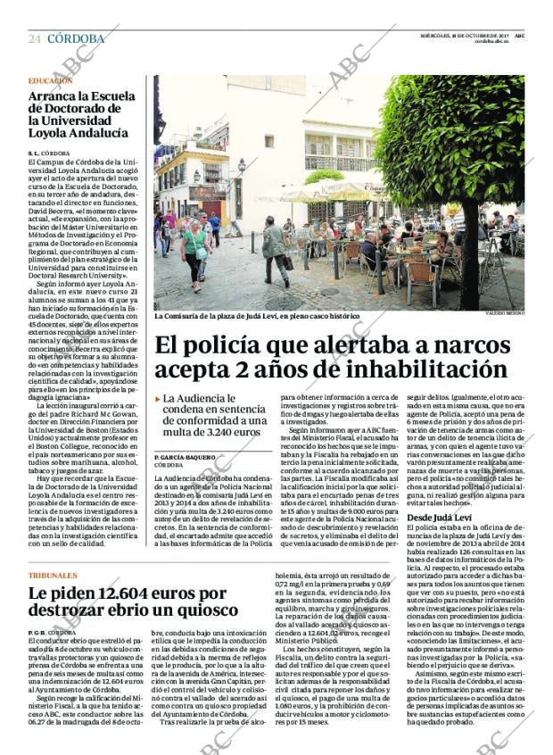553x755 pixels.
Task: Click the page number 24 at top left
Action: point(34,39)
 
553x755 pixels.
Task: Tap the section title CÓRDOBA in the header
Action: point(75,39)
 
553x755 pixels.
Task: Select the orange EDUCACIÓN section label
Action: point(50,80)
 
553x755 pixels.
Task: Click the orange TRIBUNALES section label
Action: point(52,576)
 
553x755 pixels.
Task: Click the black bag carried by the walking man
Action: point(288,262)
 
